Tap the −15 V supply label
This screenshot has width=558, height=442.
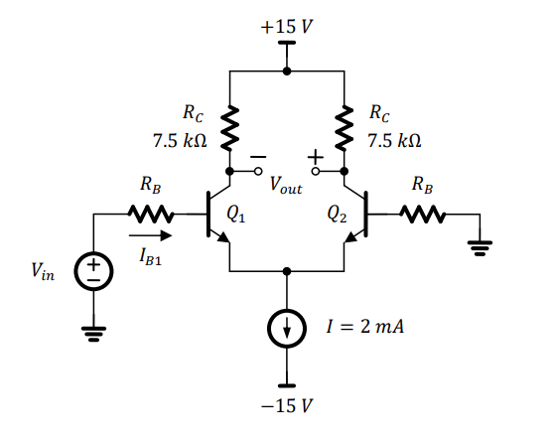pyautogui.click(x=287, y=407)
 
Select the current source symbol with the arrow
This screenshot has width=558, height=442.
pyautogui.click(x=287, y=331)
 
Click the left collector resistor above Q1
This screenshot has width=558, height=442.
pyautogui.click(x=229, y=126)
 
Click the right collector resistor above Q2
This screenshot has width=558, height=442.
pyautogui.click(x=345, y=126)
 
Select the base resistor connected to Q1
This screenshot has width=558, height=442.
pyautogui.click(x=149, y=214)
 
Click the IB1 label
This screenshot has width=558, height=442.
pyautogui.click(x=152, y=257)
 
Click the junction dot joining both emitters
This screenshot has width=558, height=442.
pyautogui.click(x=287, y=270)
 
